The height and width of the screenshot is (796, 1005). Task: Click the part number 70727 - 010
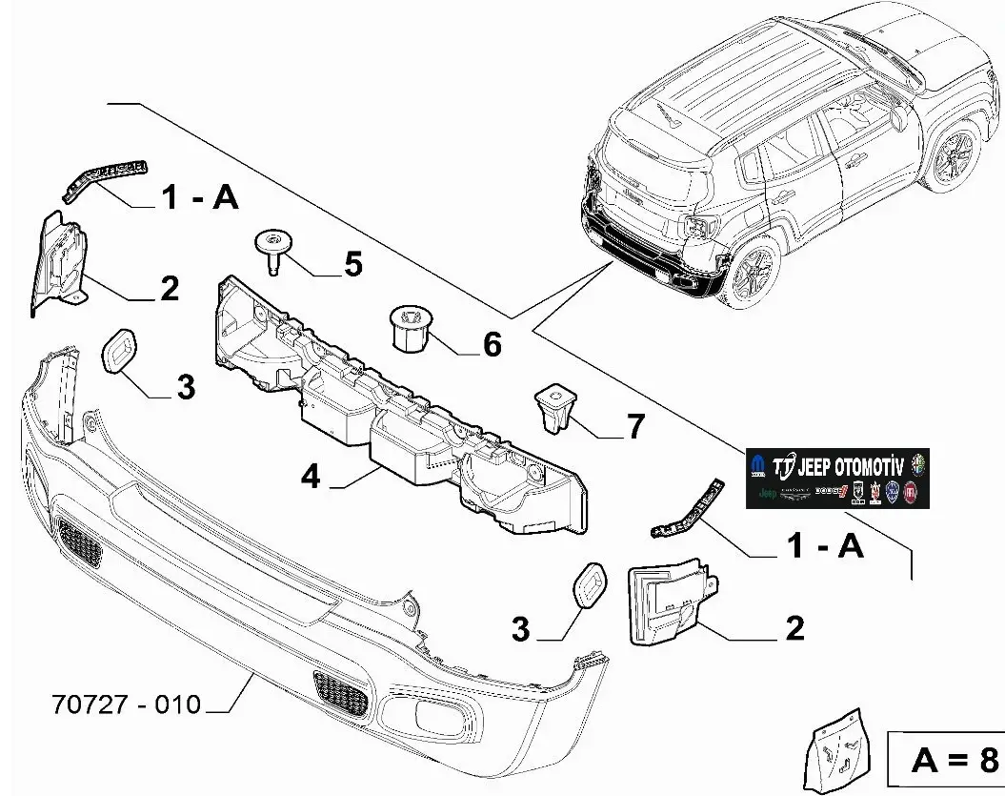126,704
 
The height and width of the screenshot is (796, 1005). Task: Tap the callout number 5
353,263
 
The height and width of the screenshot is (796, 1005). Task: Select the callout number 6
492,343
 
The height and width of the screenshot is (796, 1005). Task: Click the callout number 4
311,476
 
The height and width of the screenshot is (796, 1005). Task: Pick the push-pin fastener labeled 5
273,250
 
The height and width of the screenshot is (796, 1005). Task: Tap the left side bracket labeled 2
59,259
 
